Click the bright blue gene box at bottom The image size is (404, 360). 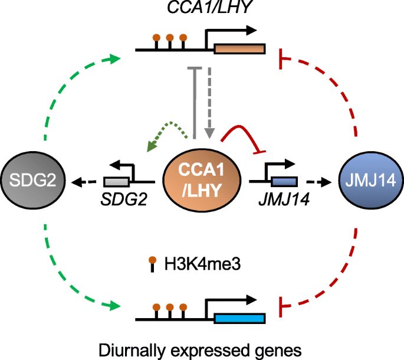[x=239, y=320]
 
